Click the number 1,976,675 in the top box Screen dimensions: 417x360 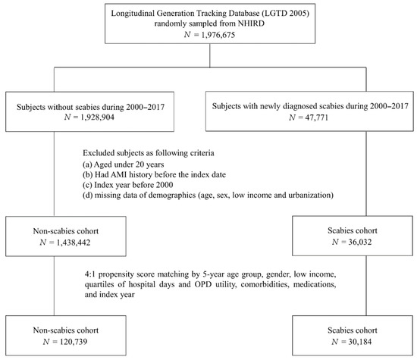[x=218, y=35]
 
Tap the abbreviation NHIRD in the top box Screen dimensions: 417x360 [x=251, y=23]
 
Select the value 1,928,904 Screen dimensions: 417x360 [x=97, y=117]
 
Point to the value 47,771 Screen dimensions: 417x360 [x=317, y=117]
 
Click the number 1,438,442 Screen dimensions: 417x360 [x=74, y=243]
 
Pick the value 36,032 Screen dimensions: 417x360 [x=360, y=242]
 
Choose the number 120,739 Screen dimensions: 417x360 [x=74, y=341]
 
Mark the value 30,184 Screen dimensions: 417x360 [x=359, y=341]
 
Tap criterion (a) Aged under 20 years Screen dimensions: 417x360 [x=124, y=164]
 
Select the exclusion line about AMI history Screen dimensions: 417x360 [x=154, y=174]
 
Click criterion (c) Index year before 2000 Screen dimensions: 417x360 [x=128, y=185]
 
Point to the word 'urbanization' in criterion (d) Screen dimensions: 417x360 [x=310, y=195]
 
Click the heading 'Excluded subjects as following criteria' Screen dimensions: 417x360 [x=149, y=153]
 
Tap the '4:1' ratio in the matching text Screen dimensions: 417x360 [x=90, y=274]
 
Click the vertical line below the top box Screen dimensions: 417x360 [x=210, y=55]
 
